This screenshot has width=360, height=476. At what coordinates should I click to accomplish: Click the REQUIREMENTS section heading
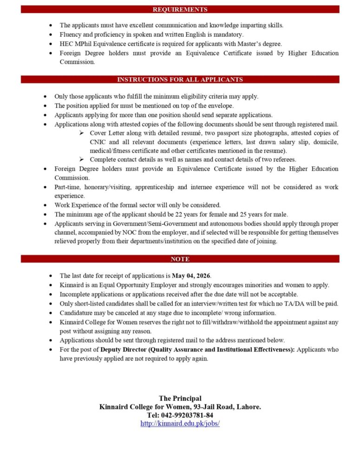pos(180,9)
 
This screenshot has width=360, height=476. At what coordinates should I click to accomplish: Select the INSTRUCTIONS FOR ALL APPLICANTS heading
pos(180,79)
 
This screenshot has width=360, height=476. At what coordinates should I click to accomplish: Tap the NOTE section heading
pos(180,259)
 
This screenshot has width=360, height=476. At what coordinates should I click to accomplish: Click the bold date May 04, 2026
pos(190,276)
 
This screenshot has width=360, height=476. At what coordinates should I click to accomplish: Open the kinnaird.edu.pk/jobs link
pos(180,423)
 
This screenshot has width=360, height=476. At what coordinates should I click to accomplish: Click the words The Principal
pos(180,398)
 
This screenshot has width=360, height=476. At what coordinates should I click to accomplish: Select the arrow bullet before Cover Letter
pos(81,133)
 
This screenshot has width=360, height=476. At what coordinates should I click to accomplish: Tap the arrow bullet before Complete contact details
pos(81,159)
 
